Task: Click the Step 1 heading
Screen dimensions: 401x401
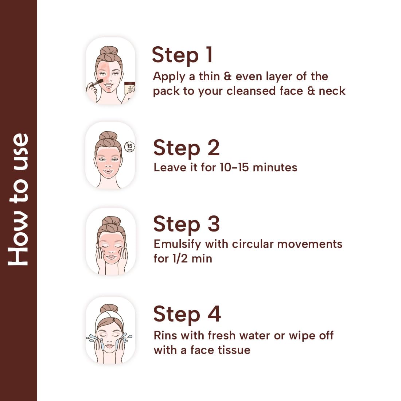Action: [x=182, y=55]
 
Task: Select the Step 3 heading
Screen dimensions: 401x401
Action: [x=186, y=224]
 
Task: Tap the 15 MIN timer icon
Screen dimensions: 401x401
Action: [x=129, y=147]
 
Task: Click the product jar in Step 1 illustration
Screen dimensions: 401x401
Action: [x=129, y=88]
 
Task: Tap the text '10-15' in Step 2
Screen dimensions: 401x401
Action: [x=234, y=168]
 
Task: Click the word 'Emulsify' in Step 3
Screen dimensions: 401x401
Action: [x=177, y=245]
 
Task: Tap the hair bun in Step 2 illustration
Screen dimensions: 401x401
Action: [x=108, y=136]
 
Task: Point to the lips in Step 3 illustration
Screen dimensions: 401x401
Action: [x=111, y=256]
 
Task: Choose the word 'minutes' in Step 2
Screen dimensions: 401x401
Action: [x=275, y=168]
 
